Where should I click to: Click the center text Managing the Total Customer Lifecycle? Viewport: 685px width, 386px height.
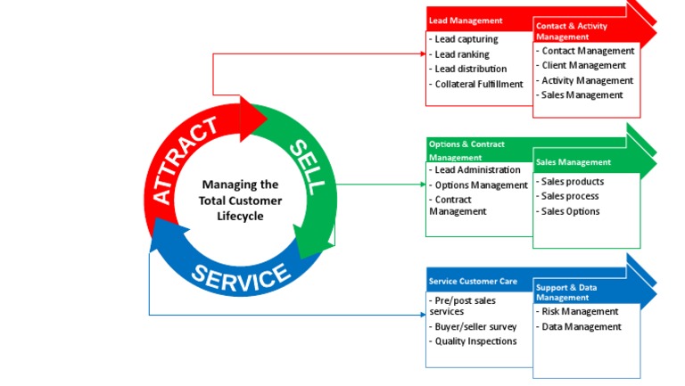[240, 201]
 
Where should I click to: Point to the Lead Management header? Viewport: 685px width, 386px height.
[466, 21]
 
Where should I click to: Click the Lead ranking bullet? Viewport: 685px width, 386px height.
[461, 54]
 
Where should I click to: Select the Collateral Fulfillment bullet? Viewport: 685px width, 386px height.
[477, 84]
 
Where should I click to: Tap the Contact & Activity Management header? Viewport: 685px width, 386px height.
[574, 32]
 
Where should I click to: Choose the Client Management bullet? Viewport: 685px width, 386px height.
[583, 65]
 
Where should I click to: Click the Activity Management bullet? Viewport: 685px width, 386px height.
[587, 80]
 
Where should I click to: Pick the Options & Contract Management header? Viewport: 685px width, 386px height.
[467, 150]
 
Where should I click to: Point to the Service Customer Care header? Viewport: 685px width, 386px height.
[473, 282]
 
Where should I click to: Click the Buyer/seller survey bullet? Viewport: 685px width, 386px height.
[475, 326]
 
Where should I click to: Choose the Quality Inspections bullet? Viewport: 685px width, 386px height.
[475, 341]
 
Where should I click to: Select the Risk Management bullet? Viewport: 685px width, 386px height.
[579, 312]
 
